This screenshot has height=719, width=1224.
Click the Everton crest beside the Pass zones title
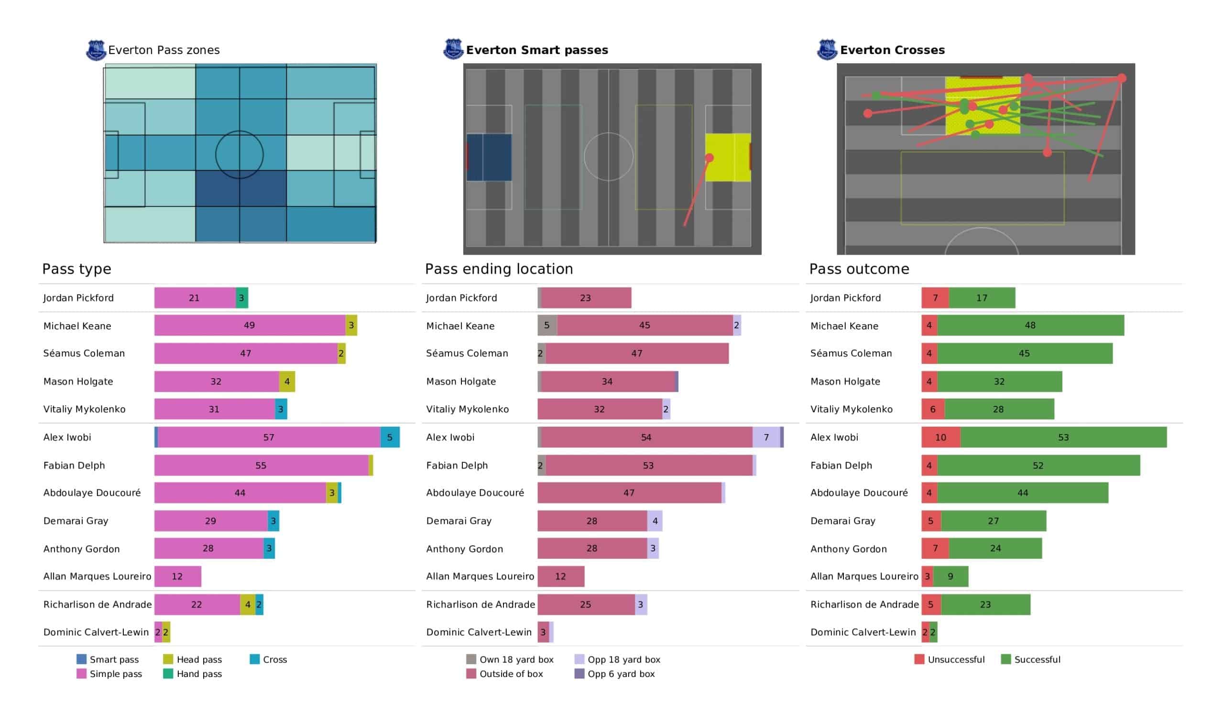(x=96, y=50)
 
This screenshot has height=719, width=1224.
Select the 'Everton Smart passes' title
(x=537, y=50)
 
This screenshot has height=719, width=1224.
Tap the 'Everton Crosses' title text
(x=892, y=50)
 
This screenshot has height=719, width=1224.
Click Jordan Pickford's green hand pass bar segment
(x=242, y=298)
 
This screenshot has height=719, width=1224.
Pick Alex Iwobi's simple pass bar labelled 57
(x=269, y=437)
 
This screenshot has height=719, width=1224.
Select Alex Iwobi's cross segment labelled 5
(x=390, y=437)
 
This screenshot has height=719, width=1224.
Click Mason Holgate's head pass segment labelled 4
(x=287, y=381)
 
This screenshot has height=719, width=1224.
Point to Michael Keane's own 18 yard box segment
(x=547, y=326)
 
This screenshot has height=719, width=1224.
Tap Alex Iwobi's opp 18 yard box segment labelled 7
(x=766, y=437)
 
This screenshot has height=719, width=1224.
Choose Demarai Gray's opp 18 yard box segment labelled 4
(x=655, y=521)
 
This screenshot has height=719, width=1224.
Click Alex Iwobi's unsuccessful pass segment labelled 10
(x=941, y=437)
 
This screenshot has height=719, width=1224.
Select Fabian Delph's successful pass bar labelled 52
(x=1038, y=466)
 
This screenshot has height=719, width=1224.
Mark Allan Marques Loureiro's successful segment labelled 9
(x=951, y=576)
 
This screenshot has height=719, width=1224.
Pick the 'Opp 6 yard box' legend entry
(x=621, y=674)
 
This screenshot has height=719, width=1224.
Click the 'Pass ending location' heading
(x=499, y=269)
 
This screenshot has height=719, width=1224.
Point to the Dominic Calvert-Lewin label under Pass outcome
(x=863, y=632)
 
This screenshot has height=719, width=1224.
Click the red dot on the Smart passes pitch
(x=709, y=158)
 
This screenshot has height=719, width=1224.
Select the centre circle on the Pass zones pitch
(x=240, y=154)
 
